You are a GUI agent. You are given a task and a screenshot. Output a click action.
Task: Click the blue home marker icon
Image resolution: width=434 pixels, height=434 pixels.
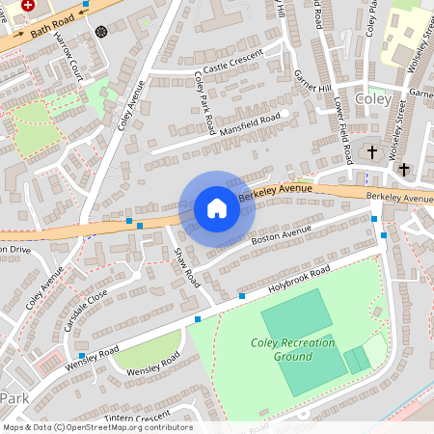(216, 208)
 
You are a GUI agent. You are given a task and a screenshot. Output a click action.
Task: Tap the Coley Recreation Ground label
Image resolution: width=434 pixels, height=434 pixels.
(293, 349)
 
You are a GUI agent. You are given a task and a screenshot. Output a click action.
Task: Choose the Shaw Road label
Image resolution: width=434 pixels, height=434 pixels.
(186, 265)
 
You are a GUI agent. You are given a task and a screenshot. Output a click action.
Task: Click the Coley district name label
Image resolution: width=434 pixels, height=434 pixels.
(373, 99)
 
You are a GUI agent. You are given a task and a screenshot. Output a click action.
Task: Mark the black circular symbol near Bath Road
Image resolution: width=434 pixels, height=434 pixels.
(101, 31)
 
